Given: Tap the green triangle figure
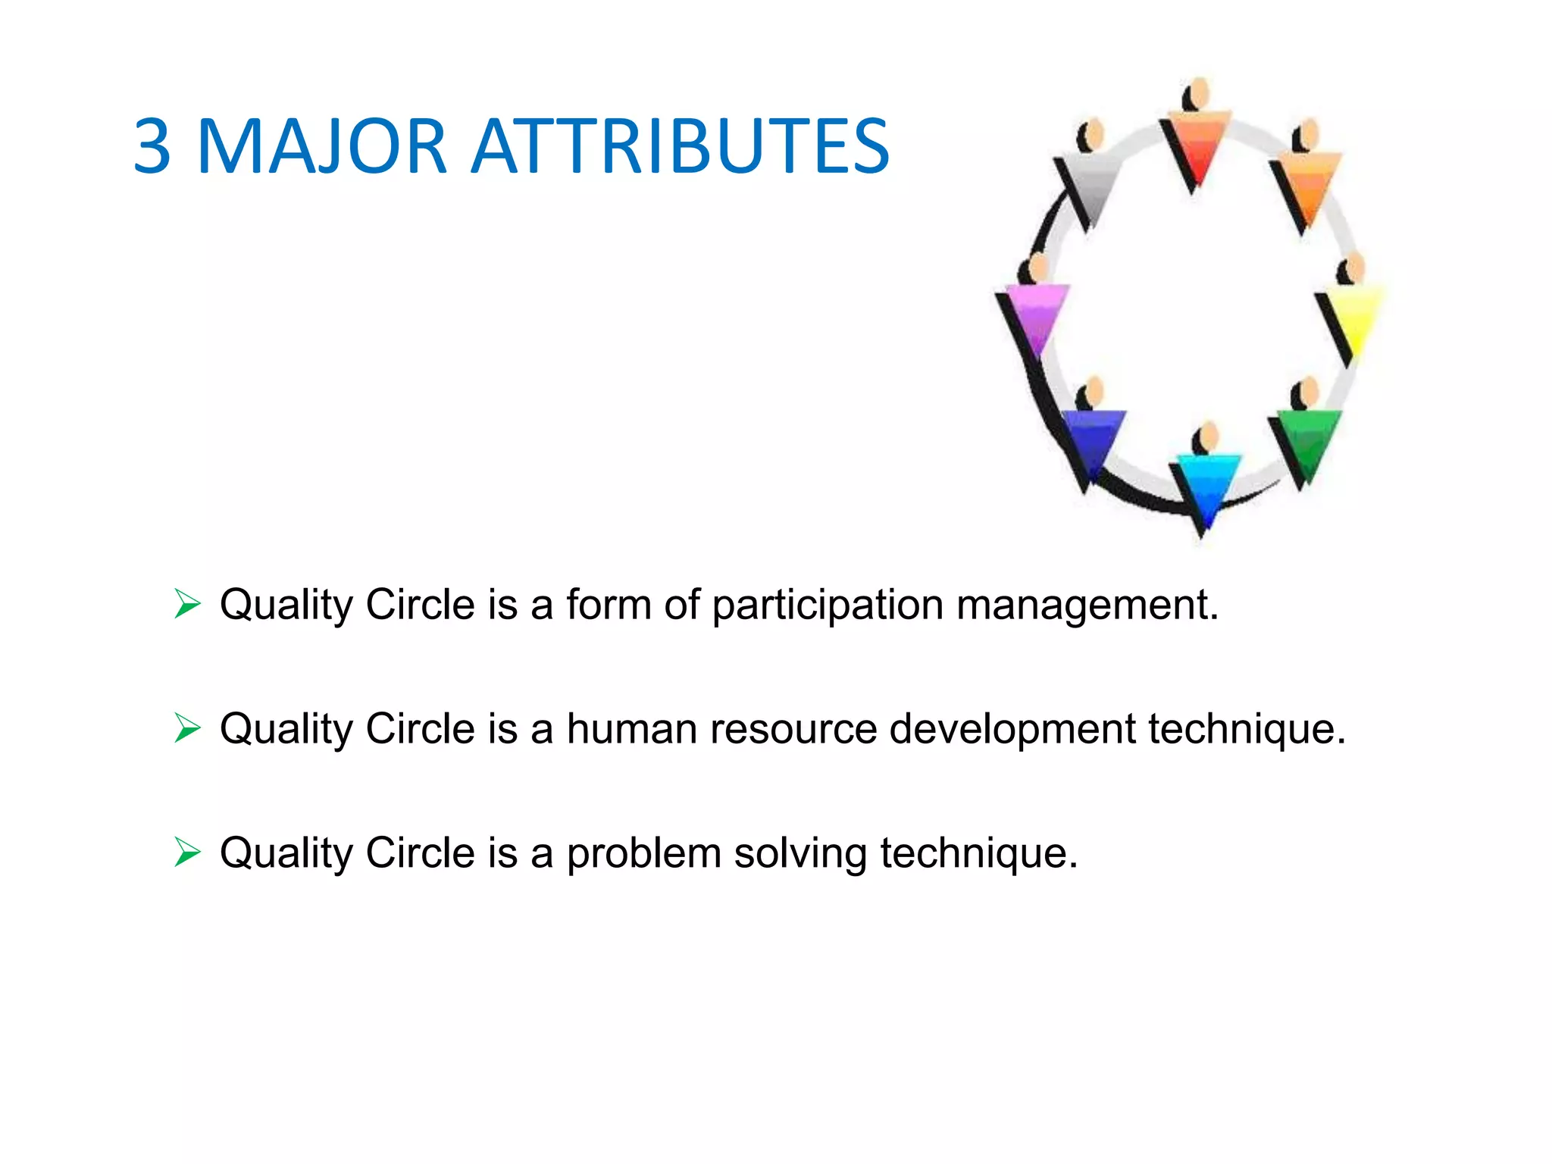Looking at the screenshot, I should (x=1309, y=441).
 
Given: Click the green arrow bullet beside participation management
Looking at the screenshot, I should (x=187, y=604).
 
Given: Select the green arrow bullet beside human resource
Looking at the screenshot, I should (x=187, y=728).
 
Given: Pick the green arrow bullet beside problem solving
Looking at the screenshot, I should (x=187, y=852).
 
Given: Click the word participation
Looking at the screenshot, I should (x=828, y=605).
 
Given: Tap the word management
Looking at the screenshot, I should (x=1087, y=605).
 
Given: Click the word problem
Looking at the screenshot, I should (x=643, y=854).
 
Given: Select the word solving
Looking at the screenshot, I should (x=799, y=854).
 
